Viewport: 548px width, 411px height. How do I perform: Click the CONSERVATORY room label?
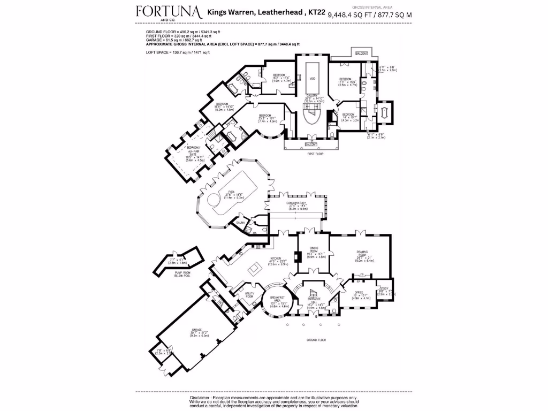pyautogui.click(x=296, y=203)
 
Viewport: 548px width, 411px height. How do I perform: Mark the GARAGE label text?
pyautogui.click(x=197, y=330)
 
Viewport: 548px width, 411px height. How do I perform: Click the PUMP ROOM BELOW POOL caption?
pyautogui.click(x=179, y=275)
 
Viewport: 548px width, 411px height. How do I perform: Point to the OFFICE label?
pyautogui.click(x=360, y=292)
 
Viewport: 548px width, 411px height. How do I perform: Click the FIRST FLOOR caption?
pyautogui.click(x=316, y=154)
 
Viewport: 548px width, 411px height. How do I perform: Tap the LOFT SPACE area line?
pyautogui.click(x=178, y=52)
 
